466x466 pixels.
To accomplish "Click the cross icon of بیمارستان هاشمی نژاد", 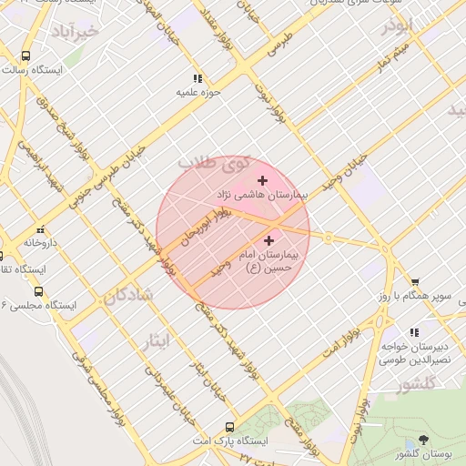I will coord(263,181).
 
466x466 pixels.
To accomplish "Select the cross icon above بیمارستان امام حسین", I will coord(268,240).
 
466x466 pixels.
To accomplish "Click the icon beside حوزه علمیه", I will coord(198,79).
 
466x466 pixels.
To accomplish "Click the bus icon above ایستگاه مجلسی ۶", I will coord(38,291).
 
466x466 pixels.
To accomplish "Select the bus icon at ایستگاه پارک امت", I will coord(229,426).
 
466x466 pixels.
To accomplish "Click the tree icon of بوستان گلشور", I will coord(422,439).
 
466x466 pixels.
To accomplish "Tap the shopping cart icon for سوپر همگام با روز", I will coord(415,282).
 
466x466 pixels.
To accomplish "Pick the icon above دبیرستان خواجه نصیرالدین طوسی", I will coord(415,332).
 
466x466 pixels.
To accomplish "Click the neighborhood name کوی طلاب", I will coord(213,163).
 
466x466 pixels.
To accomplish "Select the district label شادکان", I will coord(127,297).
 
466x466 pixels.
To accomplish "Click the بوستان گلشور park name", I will coord(425,453).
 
